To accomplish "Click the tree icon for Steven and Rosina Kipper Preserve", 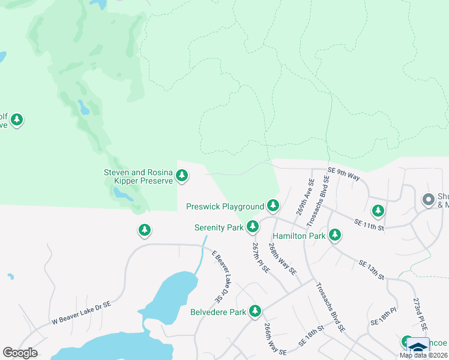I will tap(182, 176).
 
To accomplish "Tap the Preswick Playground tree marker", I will tap(273, 206).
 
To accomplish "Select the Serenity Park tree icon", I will tap(253, 227).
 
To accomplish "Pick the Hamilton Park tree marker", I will tap(335, 235).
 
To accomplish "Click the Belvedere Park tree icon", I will tap(256, 311).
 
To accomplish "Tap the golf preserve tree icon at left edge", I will tap(17, 120).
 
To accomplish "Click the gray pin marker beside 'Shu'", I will tap(429, 199).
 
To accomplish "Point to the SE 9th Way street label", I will tap(345, 173).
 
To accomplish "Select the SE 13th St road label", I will tap(372, 269).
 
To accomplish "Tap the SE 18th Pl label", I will tap(385, 316).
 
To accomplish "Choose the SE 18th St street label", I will tap(312, 338).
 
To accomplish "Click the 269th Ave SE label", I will tap(305, 197).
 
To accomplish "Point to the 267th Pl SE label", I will tap(261, 258).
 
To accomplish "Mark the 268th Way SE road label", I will tap(282, 259).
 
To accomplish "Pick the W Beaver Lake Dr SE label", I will tap(81, 312).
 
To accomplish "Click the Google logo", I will tap(20, 352).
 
